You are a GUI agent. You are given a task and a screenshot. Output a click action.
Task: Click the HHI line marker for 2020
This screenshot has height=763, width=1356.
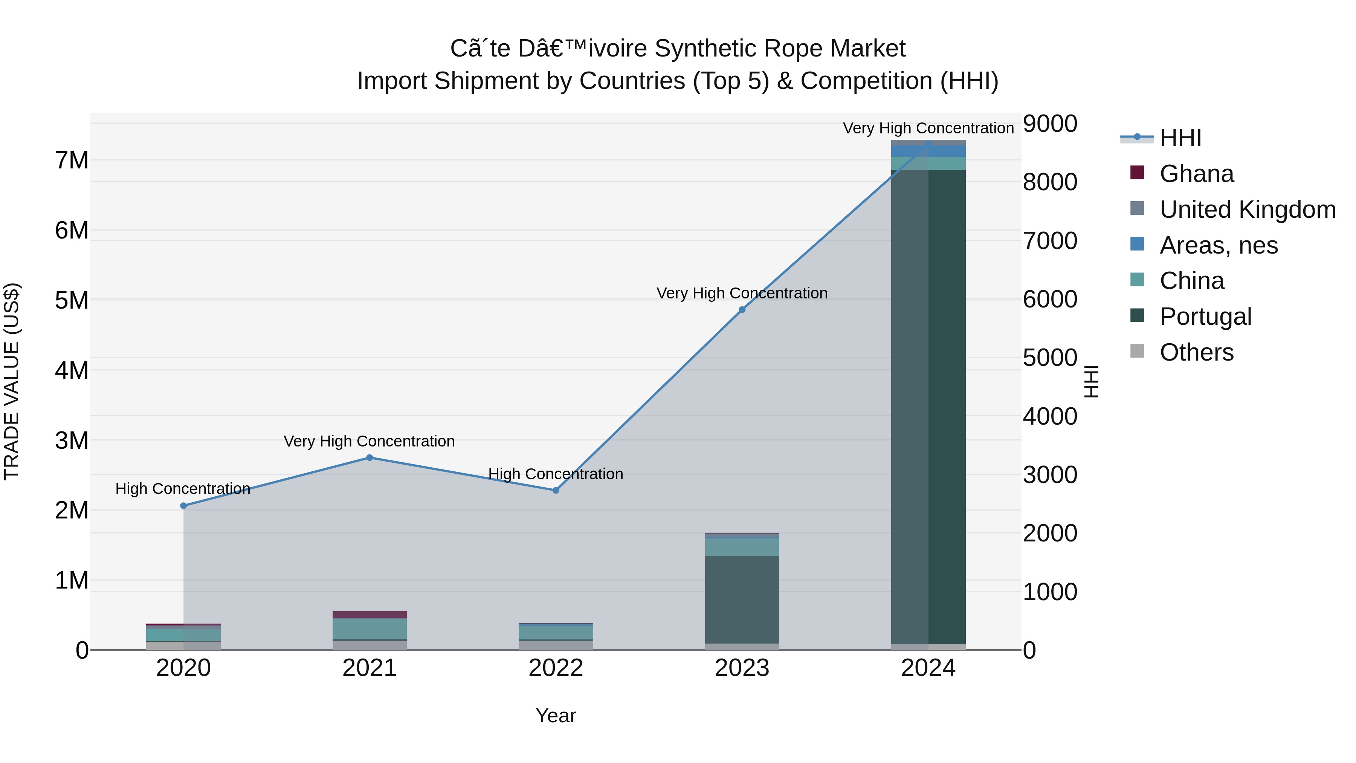point(184,506)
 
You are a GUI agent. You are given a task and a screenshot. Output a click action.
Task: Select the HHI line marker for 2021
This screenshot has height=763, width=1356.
point(370,457)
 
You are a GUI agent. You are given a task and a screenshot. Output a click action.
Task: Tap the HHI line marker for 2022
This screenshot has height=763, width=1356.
point(556,490)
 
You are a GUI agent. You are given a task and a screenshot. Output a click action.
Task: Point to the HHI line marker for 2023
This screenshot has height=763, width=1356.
point(742,310)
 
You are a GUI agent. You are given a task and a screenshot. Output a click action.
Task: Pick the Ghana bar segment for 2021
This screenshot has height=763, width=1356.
point(370,615)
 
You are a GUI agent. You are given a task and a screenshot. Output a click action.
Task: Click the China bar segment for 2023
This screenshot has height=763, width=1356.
point(742,547)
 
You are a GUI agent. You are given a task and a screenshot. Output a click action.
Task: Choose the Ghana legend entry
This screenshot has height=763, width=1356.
point(1196,174)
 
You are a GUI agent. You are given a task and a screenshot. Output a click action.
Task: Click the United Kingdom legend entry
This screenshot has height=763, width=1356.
point(1248,209)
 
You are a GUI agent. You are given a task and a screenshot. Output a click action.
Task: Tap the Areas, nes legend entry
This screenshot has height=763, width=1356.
point(1218,245)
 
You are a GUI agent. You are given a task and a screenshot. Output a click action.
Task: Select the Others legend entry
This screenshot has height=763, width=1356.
point(1196,352)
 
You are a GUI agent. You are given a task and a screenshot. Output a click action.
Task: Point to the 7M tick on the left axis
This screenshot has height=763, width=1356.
point(72,160)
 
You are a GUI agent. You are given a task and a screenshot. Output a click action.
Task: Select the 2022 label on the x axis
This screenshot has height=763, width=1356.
point(556,668)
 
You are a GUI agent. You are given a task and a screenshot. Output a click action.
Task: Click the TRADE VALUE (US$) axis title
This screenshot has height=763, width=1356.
point(12,381)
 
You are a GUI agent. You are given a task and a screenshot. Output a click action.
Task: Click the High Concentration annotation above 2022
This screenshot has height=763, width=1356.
point(556,474)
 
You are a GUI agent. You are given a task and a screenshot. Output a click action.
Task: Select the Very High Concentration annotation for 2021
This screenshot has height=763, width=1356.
point(370,441)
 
